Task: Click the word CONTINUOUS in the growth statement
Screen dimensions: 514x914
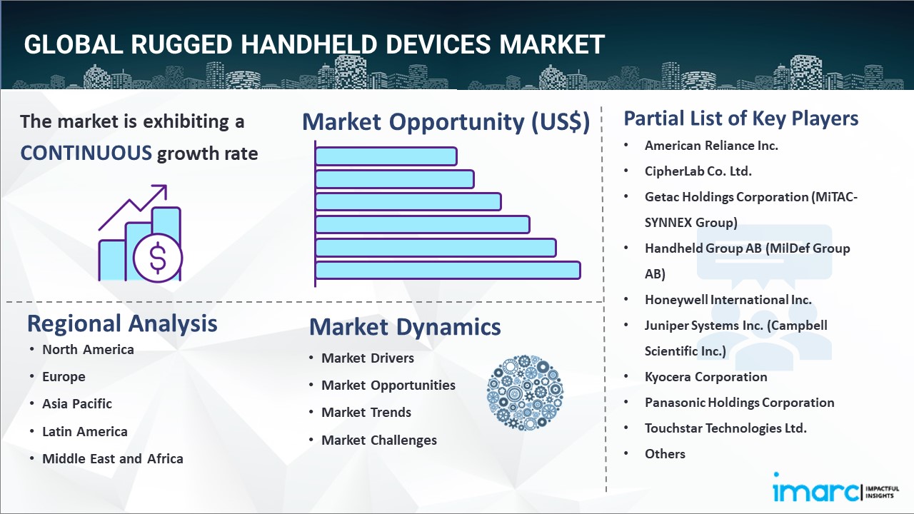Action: pos(86,153)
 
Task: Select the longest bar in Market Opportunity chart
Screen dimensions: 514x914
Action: pos(447,271)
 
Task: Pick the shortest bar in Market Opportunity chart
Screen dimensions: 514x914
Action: pos(386,156)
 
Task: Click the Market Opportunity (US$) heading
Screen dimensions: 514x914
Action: pos(446,121)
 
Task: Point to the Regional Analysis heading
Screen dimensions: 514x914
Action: pos(122,323)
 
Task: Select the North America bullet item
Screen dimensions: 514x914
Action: pos(88,349)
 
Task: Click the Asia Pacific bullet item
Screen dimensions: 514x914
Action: pos(77,403)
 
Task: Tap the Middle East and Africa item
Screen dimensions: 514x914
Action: pos(112,458)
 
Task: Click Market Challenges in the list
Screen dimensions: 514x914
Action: pos(378,440)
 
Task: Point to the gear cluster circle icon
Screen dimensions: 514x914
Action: pos(525,393)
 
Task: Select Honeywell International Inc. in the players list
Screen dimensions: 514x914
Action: pos(728,300)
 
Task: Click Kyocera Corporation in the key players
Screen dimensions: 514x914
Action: pos(705,377)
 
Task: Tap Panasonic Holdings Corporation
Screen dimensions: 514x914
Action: pos(739,403)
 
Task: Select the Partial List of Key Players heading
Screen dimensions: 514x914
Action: pos(740,118)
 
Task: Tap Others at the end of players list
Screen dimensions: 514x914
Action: pos(665,454)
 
